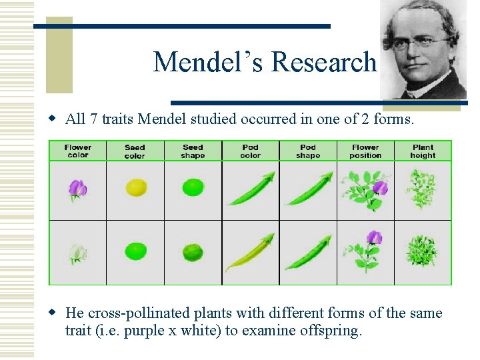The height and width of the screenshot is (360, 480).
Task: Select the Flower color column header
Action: (x=78, y=151)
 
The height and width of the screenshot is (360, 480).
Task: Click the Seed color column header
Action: (x=135, y=151)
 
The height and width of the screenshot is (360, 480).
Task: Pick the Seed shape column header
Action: (x=193, y=151)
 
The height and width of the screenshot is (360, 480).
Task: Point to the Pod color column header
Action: (x=250, y=151)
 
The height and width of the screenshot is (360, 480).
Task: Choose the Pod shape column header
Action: (x=308, y=151)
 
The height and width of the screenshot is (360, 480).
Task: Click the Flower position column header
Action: (x=365, y=151)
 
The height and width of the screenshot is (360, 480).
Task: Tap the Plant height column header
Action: (x=423, y=151)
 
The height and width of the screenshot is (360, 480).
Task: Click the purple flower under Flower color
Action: (x=78, y=189)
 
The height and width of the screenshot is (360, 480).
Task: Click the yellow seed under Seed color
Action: (x=136, y=187)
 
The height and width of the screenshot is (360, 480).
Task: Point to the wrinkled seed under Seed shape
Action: (x=193, y=253)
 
